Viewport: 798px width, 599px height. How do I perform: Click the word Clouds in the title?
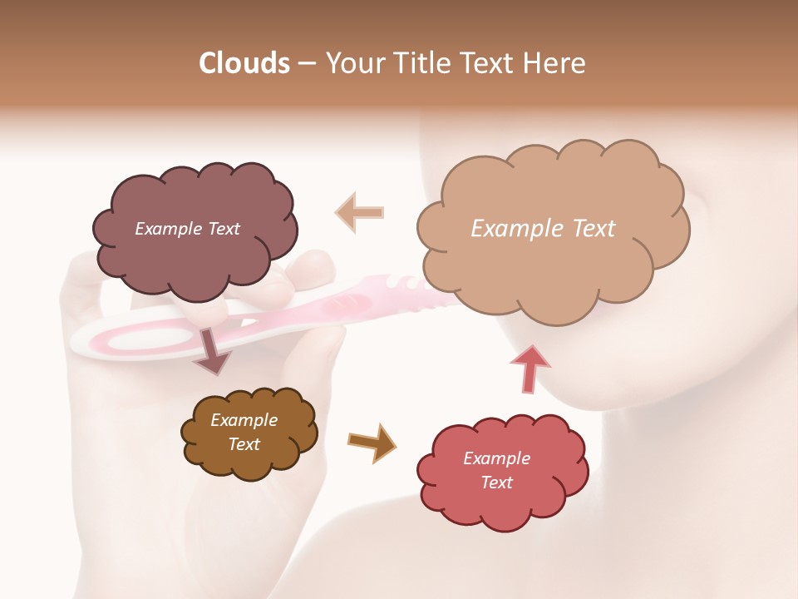[244, 63]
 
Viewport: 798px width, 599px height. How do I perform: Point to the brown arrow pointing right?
[372, 442]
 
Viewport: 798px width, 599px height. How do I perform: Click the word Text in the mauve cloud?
[224, 229]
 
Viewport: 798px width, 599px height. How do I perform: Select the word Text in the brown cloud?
[244, 444]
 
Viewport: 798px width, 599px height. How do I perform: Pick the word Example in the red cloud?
[496, 458]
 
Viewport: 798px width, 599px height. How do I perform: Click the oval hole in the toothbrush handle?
[145, 339]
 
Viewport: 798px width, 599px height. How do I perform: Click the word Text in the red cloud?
[496, 483]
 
